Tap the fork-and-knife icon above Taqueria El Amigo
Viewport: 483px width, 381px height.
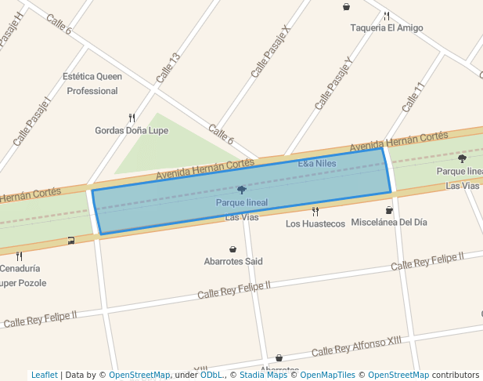tap(386, 16)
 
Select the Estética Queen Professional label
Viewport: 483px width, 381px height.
tap(92, 84)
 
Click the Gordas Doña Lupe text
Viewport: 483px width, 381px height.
tap(132, 130)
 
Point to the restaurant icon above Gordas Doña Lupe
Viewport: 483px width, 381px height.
tap(132, 118)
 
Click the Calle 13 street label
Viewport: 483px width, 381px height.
tap(168, 68)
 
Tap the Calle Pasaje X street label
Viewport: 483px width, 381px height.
tap(270, 51)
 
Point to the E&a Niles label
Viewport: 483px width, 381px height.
tap(317, 164)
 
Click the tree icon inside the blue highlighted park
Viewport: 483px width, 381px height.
tap(241, 190)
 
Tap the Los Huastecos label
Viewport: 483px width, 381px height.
tap(315, 223)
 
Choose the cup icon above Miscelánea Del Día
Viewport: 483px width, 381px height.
tap(389, 210)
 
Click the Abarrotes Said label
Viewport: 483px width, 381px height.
tap(233, 261)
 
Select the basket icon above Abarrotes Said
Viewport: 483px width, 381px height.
tap(233, 249)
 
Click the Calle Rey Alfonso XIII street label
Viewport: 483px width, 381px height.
tap(356, 347)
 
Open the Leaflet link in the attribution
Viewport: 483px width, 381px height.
tap(45, 375)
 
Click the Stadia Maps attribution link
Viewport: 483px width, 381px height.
tap(263, 375)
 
